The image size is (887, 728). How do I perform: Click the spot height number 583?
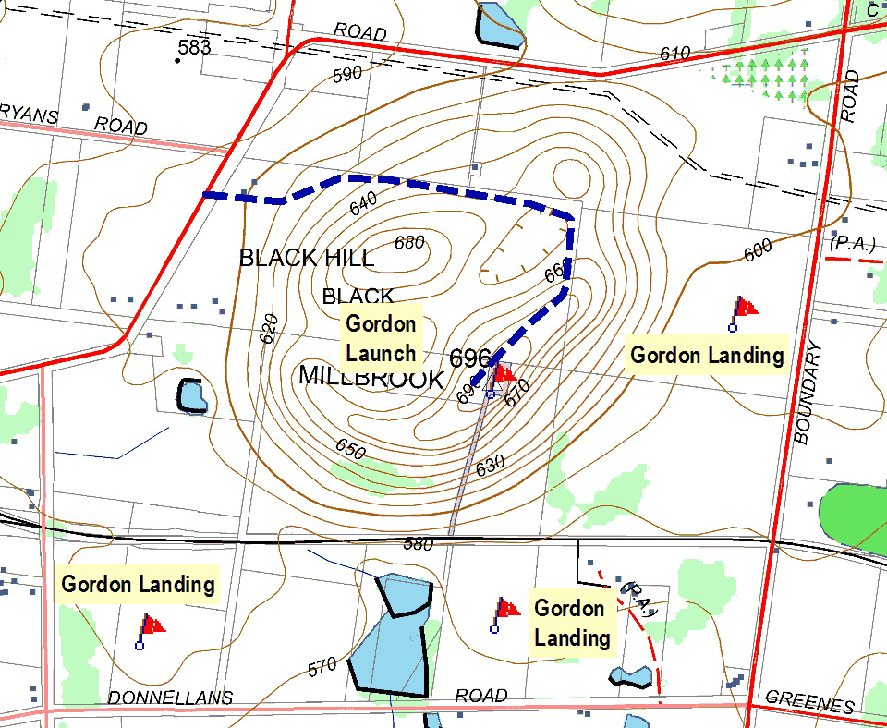click(195, 47)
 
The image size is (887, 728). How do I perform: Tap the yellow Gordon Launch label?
click(382, 339)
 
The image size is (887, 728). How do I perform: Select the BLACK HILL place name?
click(307, 258)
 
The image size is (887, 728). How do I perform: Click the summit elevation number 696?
click(469, 358)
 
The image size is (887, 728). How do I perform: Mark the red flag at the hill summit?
click(504, 374)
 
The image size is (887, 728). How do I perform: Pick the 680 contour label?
click(409, 243)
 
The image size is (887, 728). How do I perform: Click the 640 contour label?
click(364, 200)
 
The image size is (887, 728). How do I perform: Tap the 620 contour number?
click(269, 329)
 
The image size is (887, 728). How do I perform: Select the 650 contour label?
click(350, 449)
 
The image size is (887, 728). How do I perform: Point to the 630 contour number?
click(490, 467)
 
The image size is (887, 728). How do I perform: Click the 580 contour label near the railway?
click(419, 545)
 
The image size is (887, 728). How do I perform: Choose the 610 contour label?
click(674, 55)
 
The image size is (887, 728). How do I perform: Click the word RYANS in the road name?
click(29, 115)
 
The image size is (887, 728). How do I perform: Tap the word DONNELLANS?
click(170, 698)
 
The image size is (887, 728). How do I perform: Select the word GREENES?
click(810, 704)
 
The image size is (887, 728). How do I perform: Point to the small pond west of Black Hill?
click(193, 396)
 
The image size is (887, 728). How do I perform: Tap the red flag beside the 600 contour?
click(744, 308)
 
